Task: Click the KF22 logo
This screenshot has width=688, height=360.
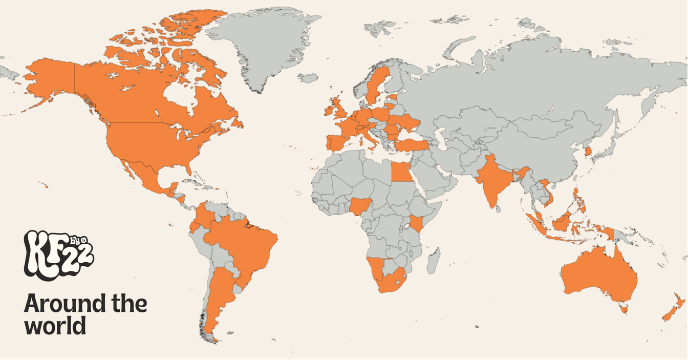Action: (58, 255)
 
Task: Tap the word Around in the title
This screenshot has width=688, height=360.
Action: (57, 304)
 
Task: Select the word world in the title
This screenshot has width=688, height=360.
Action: (55, 325)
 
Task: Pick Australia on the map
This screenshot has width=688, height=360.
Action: (599, 274)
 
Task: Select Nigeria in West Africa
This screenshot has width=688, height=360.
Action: (360, 206)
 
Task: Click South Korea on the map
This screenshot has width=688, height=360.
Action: (589, 151)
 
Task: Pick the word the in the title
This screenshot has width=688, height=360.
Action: (128, 304)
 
